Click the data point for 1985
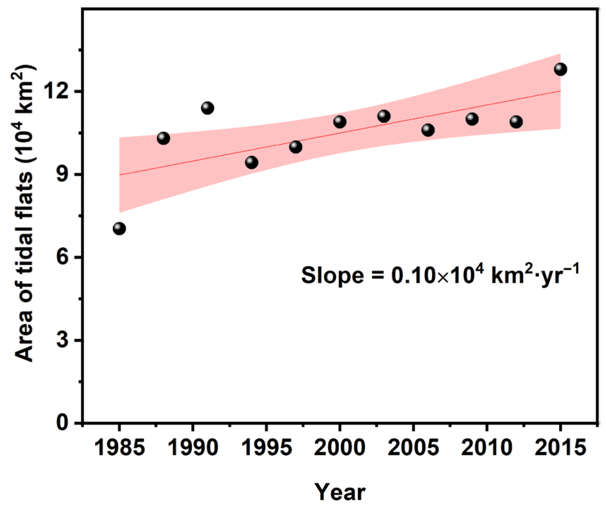119,229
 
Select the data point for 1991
208,108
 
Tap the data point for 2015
560,69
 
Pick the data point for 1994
252,163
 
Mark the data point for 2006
428,130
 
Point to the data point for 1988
163,138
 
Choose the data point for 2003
384,116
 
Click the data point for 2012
516,122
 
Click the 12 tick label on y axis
58,92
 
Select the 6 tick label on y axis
63,257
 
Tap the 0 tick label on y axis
63,423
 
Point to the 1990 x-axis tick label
193,448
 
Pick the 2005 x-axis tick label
413,448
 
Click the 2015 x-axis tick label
560,448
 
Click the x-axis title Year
340,492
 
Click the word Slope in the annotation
332,276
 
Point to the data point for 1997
296,147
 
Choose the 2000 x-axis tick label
340,448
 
